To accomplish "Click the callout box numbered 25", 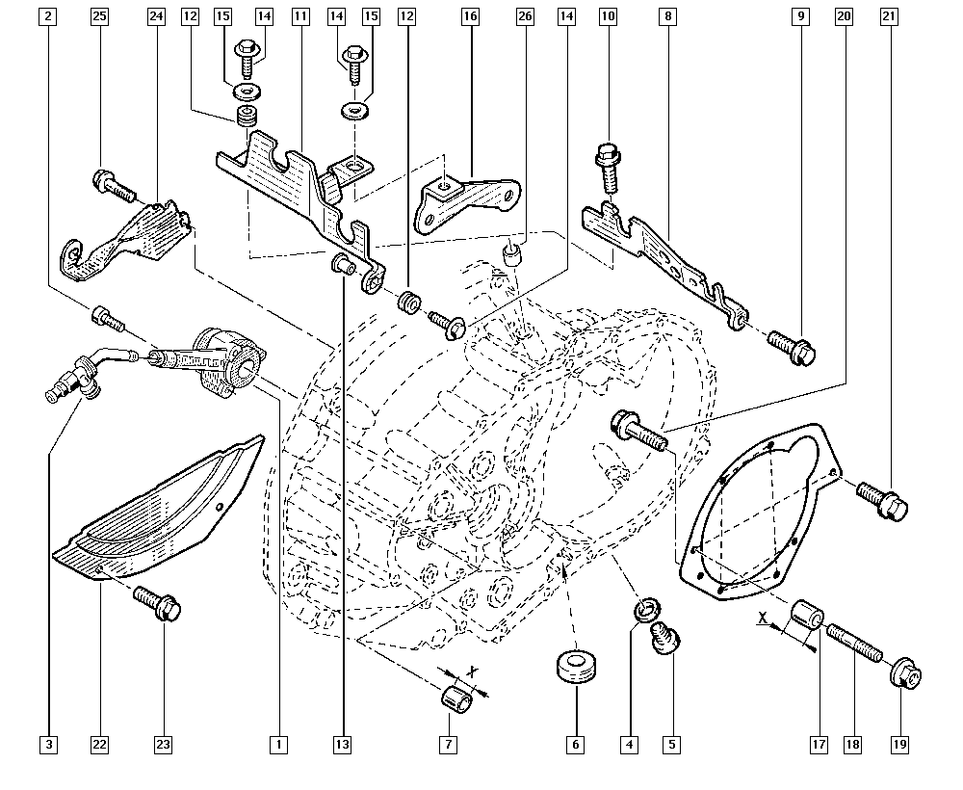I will [x=98, y=16].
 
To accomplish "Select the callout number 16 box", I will [x=470, y=16].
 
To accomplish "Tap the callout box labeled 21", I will [x=888, y=16].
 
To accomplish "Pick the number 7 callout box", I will [x=447, y=744].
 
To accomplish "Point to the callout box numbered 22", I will [x=98, y=744].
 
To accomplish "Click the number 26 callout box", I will [x=524, y=16].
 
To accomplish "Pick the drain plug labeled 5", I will [x=664, y=638].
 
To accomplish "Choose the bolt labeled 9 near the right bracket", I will [x=794, y=350].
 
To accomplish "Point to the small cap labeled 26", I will [x=513, y=256].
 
